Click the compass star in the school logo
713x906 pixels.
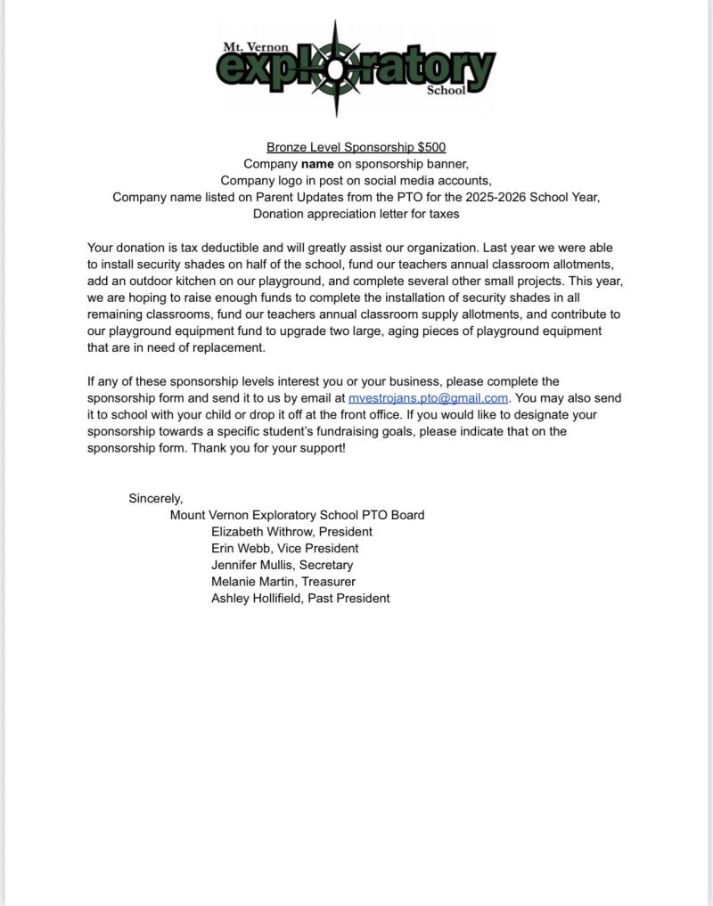(x=338, y=67)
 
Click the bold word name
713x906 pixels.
(x=317, y=164)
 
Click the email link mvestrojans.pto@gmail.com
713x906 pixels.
(x=428, y=398)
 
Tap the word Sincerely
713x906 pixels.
(x=155, y=498)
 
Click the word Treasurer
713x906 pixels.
(x=324, y=582)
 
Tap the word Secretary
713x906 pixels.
(x=326, y=565)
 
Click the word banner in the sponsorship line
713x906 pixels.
(x=447, y=164)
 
